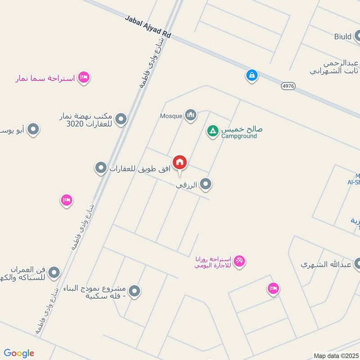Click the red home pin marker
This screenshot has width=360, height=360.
pyautogui.click(x=180, y=162)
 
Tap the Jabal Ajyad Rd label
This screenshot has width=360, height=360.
pyautogui.click(x=148, y=27)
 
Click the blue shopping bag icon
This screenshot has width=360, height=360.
pyautogui.click(x=252, y=75)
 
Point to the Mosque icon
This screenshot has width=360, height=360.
pyautogui.click(x=191, y=116)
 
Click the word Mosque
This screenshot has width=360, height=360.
pyautogui.click(x=171, y=116)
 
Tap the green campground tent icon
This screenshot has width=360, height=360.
pyautogui.click(x=212, y=131)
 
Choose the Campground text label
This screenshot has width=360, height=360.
pyautogui.click(x=239, y=136)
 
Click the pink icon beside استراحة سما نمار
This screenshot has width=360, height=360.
pyautogui.click(x=83, y=77)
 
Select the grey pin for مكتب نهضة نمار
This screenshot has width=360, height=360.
pyautogui.click(x=121, y=119)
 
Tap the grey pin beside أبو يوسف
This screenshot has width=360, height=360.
pyautogui.click(x=33, y=130)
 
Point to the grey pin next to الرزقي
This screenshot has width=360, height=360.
pyautogui.click(x=206, y=184)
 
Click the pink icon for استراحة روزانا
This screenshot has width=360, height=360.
pyautogui.click(x=239, y=261)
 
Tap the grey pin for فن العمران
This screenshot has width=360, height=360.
pyautogui.click(x=54, y=272)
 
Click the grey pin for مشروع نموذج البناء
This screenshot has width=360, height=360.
pyautogui.click(x=134, y=292)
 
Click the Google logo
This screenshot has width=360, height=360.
pyautogui.click(x=19, y=353)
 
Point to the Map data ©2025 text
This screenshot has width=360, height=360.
pyautogui.click(x=335, y=356)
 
